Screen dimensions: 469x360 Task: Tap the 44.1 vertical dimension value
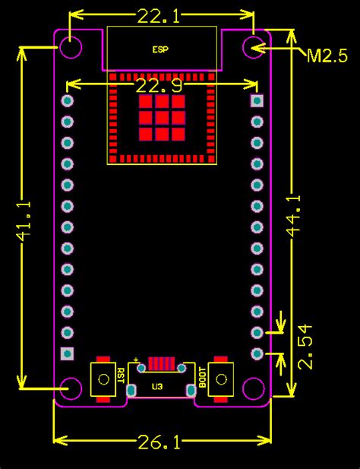(293, 217)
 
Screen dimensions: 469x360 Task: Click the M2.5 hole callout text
(327, 55)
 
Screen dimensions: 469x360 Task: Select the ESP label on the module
(160, 49)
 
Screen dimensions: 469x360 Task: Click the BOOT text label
(202, 376)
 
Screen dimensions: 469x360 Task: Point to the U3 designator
(156, 387)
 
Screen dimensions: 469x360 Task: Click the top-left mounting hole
(72, 46)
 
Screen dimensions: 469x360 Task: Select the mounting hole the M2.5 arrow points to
(253, 46)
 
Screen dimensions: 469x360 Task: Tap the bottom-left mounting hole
(72, 388)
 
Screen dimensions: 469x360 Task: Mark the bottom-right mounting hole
(253, 388)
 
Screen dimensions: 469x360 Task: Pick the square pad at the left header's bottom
(68, 353)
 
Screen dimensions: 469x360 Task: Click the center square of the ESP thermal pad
(161, 117)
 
